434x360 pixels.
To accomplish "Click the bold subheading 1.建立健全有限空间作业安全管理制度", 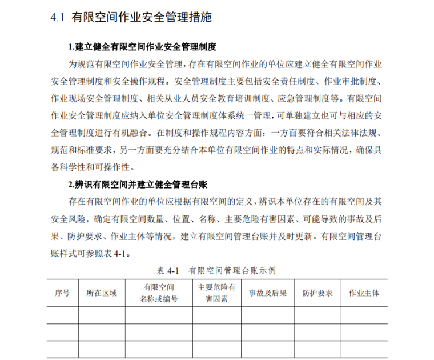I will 142,47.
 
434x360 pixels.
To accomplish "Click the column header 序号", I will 62,293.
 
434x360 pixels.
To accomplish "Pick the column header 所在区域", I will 102,293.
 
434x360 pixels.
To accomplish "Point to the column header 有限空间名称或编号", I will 159,293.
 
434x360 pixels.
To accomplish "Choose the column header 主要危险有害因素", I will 216,293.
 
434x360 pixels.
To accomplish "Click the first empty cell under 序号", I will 62,315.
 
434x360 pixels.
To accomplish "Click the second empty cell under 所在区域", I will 102,332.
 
